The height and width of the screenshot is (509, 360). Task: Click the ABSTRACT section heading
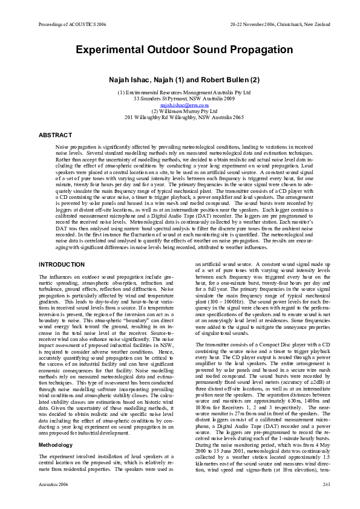pos(55,135)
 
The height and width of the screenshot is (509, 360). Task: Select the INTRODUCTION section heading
pos(62,265)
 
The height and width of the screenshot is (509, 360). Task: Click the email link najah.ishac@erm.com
pos(180,105)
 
